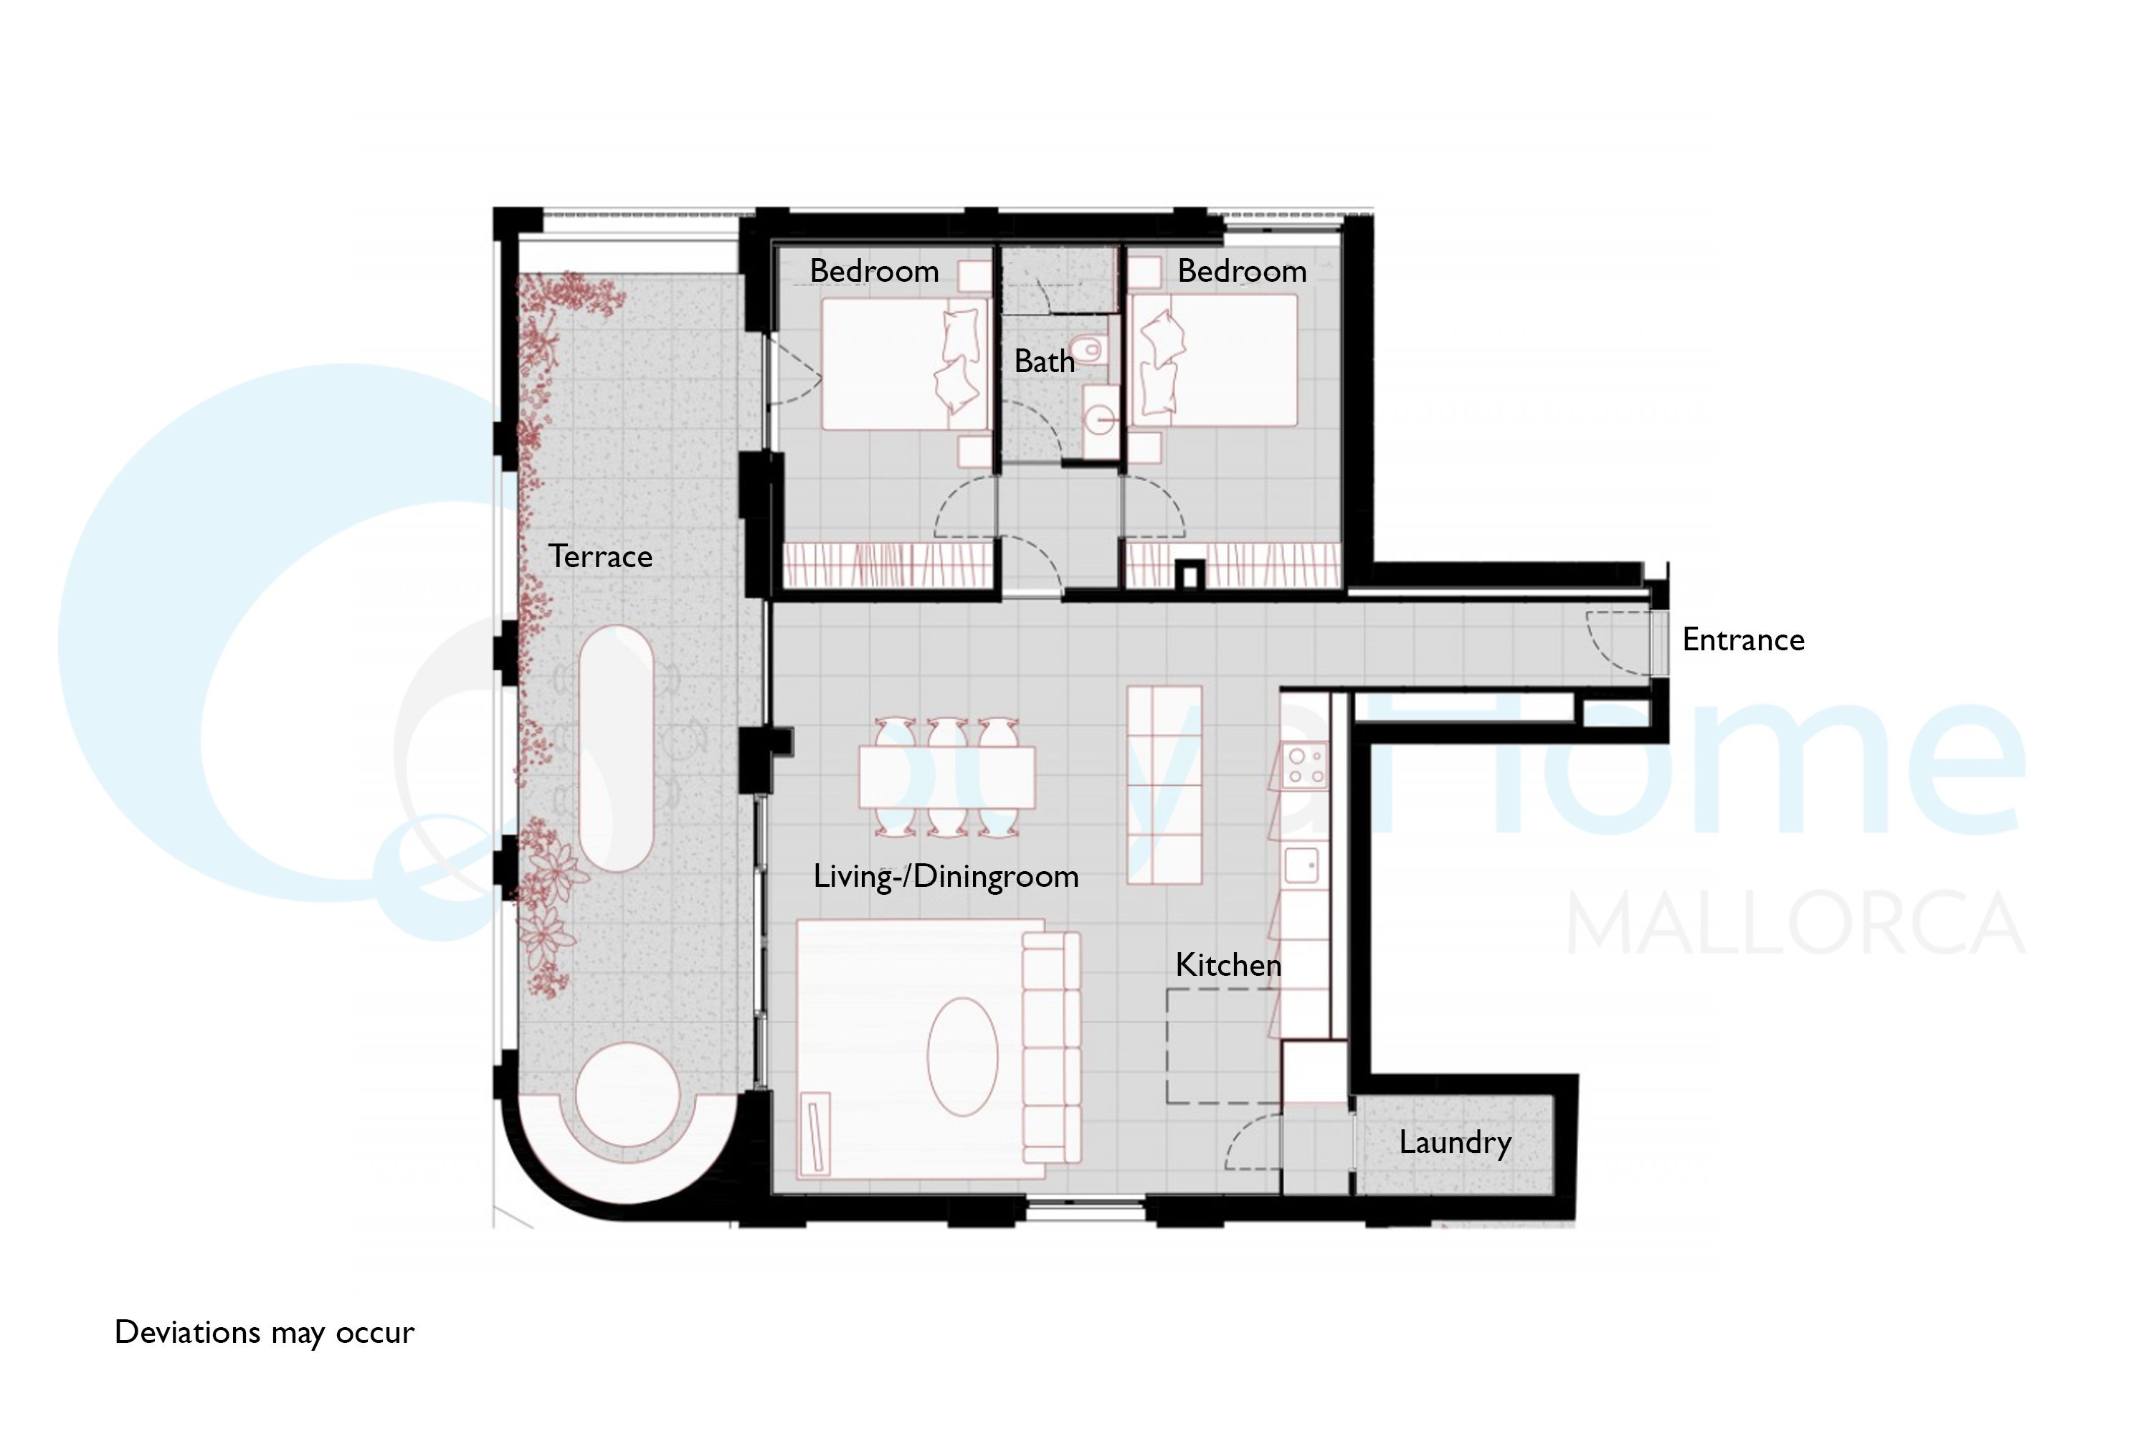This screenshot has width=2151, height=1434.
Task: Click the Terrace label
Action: click(x=600, y=557)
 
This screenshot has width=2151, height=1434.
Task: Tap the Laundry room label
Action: click(x=1455, y=1143)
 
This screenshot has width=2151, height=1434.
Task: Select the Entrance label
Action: click(x=1743, y=640)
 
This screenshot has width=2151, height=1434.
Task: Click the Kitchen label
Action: click(x=1228, y=965)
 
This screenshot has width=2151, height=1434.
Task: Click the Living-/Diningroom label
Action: click(x=946, y=877)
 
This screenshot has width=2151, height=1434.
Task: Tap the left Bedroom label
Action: click(x=874, y=272)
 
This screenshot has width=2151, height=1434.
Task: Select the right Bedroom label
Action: click(x=1242, y=272)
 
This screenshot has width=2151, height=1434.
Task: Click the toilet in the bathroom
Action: click(x=1090, y=349)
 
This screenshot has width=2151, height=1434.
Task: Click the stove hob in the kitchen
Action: click(x=1305, y=766)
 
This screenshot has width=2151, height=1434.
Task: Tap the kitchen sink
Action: click(x=1301, y=864)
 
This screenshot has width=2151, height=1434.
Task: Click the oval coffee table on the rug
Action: click(x=962, y=1055)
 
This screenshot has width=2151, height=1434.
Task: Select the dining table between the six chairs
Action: click(x=946, y=777)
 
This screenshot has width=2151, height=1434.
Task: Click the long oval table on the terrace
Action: click(x=615, y=748)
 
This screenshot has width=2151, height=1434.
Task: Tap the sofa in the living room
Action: click(x=1051, y=1047)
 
